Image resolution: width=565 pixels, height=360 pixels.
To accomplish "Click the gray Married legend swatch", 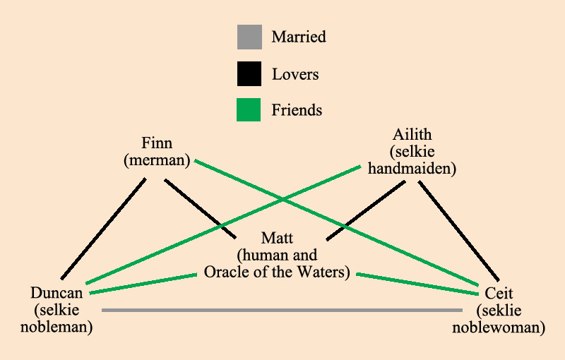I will [x=249, y=37].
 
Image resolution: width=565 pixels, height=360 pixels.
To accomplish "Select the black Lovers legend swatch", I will [x=249, y=73].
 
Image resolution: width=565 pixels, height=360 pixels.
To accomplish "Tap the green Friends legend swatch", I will [x=249, y=109].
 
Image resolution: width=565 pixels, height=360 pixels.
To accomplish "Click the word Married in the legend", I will [x=299, y=37].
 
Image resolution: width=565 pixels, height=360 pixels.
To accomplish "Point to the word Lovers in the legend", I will [x=295, y=74].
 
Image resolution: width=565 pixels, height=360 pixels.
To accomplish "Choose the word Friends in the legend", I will [x=297, y=110].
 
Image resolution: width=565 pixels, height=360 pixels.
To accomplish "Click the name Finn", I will [x=157, y=143].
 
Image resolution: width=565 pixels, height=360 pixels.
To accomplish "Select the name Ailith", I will [x=412, y=134].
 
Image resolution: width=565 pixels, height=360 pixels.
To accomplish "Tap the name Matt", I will [x=277, y=237].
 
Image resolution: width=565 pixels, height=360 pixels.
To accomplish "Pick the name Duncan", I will [x=57, y=293].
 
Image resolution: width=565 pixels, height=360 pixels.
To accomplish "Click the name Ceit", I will [x=499, y=293].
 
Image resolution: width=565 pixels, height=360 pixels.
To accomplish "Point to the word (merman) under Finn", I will [x=157, y=160].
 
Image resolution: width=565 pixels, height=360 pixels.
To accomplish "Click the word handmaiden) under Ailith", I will [x=412, y=169].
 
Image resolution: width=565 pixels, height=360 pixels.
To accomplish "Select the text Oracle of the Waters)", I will [x=277, y=272].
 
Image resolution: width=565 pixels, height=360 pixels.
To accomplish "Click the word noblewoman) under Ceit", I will [x=499, y=328].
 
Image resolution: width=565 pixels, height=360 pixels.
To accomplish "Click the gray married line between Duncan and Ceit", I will [x=282, y=310].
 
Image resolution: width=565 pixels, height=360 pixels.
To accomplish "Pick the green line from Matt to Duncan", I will [x=141, y=284].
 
